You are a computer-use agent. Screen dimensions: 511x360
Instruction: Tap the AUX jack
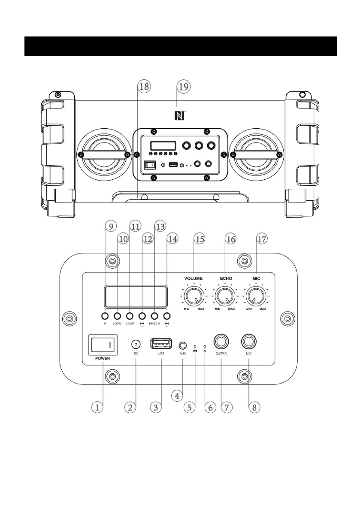pyautogui.click(x=183, y=345)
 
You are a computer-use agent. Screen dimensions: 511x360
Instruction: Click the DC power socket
pyautogui.click(x=136, y=345)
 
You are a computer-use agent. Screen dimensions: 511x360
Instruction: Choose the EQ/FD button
pyautogui.click(x=117, y=316)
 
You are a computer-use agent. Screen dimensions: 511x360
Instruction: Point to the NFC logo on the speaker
pyautogui.click(x=178, y=115)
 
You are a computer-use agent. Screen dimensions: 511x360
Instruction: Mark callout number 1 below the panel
pyautogui.click(x=98, y=407)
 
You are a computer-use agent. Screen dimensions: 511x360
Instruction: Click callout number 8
pyautogui.click(x=254, y=407)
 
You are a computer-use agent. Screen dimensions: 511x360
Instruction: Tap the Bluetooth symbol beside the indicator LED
pyautogui.click(x=205, y=351)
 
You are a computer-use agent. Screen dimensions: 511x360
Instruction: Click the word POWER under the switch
pyautogui.click(x=99, y=358)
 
